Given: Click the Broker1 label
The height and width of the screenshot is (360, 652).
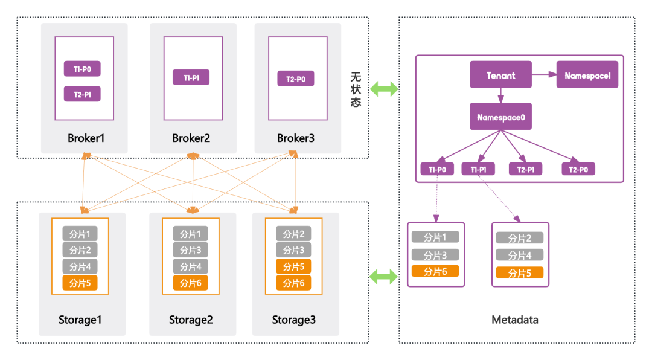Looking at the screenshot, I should pyautogui.click(x=86, y=138).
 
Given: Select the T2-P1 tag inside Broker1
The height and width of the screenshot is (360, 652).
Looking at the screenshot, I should pyautogui.click(x=82, y=94).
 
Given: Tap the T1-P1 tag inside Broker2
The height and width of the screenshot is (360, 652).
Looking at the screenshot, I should pyautogui.click(x=191, y=77).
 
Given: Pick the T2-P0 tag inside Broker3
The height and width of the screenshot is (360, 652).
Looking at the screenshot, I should pyautogui.click(x=296, y=79).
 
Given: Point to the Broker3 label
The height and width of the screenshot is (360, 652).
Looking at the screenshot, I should pyautogui.click(x=296, y=138).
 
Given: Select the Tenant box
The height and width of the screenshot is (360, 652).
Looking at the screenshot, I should pyautogui.click(x=500, y=75).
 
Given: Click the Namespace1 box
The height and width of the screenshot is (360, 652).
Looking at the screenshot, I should pyautogui.click(x=587, y=75).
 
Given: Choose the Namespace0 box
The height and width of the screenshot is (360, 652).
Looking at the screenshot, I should pyautogui.click(x=500, y=116).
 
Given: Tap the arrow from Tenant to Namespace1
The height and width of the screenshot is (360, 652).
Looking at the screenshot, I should pyautogui.click(x=544, y=75).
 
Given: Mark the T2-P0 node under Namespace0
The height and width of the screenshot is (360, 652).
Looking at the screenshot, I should pyautogui.click(x=578, y=169).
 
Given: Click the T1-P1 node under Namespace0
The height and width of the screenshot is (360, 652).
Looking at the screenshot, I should pyautogui.click(x=478, y=169).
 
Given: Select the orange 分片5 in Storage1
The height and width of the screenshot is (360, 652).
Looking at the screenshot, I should pyautogui.click(x=80, y=283).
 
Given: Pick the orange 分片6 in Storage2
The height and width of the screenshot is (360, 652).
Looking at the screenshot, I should pyautogui.click(x=190, y=283).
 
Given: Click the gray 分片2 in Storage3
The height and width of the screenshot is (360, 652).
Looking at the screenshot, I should pyautogui.click(x=293, y=234).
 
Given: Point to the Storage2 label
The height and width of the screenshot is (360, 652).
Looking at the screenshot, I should pyautogui.click(x=191, y=320).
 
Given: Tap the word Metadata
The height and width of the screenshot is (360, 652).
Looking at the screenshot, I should pyautogui.click(x=514, y=320).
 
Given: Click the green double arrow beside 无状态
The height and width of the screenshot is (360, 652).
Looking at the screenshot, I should pyautogui.click(x=384, y=89).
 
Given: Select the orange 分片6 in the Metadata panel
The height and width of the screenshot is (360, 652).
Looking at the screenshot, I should pyautogui.click(x=435, y=271).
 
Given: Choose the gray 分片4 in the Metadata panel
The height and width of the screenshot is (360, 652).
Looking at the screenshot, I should pyautogui.click(x=519, y=255).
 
